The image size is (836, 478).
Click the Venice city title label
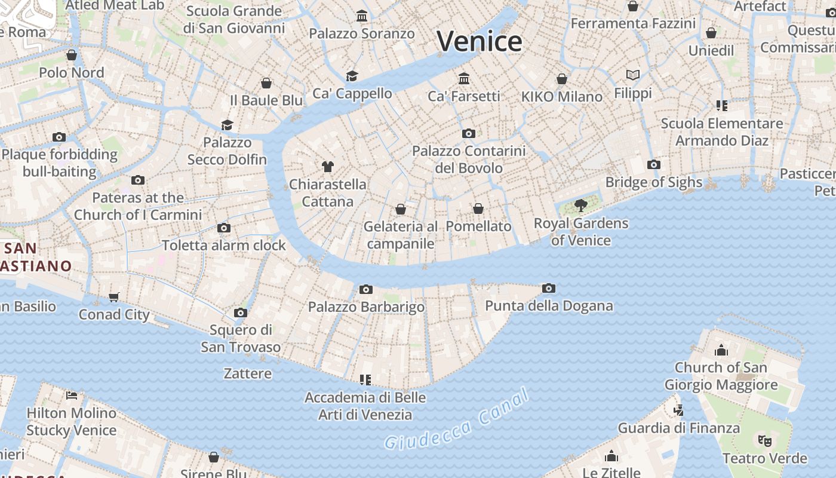(x=480, y=41)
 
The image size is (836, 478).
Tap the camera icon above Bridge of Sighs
(x=654, y=164)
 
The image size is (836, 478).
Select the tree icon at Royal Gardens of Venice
(x=580, y=206)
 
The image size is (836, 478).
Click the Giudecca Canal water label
(x=457, y=420)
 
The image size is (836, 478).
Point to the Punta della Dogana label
(x=549, y=306)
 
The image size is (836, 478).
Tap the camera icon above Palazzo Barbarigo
(x=366, y=290)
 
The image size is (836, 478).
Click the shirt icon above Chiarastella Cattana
(x=327, y=167)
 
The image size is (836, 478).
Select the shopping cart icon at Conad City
(x=113, y=297)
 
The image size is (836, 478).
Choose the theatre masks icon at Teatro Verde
(x=764, y=441)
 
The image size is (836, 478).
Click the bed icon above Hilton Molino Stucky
(x=72, y=395)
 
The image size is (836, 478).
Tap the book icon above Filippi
(x=633, y=75)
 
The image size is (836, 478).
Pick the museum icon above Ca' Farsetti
(x=464, y=78)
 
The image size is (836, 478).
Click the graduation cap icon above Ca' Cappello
(x=352, y=76)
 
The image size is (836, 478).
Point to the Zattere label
(x=247, y=373)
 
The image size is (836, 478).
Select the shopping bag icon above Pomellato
(x=478, y=209)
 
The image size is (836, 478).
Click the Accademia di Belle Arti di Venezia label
(x=365, y=406)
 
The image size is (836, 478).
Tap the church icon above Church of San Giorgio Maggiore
(x=721, y=350)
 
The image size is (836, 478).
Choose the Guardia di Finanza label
(x=678, y=428)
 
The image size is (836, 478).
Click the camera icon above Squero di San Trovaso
(x=241, y=312)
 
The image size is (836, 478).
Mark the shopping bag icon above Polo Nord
(x=72, y=55)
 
